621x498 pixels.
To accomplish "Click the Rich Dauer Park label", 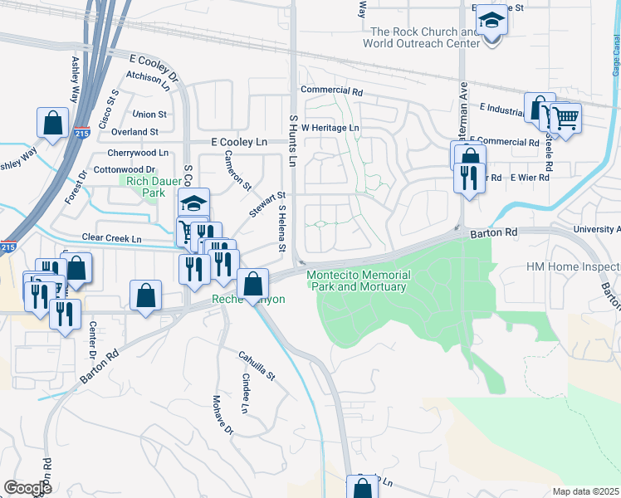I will [143, 187].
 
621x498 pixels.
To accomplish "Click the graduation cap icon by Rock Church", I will [491, 22].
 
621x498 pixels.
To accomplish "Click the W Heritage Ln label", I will [330, 128].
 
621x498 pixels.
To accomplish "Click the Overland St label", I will [135, 132].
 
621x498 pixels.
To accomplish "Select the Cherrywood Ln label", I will [138, 154].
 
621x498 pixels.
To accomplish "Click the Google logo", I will [27, 487].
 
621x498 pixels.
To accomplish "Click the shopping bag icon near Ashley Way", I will [53, 123].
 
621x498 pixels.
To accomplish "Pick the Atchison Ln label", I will [149, 80].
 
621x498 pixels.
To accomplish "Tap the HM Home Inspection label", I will [574, 267].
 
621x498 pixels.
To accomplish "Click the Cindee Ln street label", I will [245, 393].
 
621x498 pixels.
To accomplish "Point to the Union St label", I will [149, 114].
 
